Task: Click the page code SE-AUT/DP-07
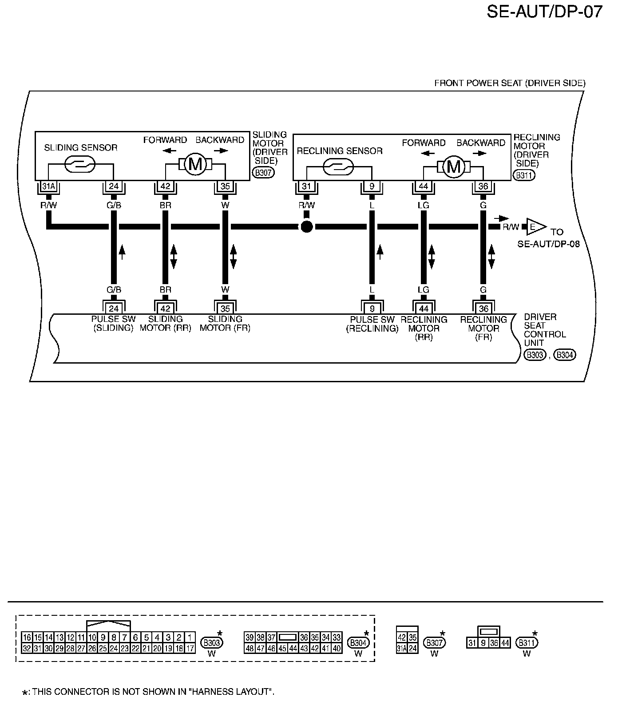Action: [x=544, y=12]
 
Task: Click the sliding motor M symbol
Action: [x=195, y=165]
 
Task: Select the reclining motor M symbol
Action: [x=453, y=167]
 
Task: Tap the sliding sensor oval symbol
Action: [x=80, y=165]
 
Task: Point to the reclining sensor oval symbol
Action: [x=338, y=167]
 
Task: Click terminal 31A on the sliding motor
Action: [x=48, y=186]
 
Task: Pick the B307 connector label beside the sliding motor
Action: [x=263, y=173]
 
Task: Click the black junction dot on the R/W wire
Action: [x=306, y=227]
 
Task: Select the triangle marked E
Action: [x=536, y=227]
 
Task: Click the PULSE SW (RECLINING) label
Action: [x=372, y=324]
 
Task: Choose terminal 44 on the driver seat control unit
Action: [x=424, y=309]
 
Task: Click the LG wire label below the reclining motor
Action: [x=424, y=206]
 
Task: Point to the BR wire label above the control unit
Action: [x=165, y=290]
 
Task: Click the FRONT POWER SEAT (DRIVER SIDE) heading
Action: [x=510, y=83]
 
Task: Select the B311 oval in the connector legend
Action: [x=527, y=642]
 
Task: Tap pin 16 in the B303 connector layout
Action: [x=27, y=638]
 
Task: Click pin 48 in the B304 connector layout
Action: [x=250, y=648]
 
